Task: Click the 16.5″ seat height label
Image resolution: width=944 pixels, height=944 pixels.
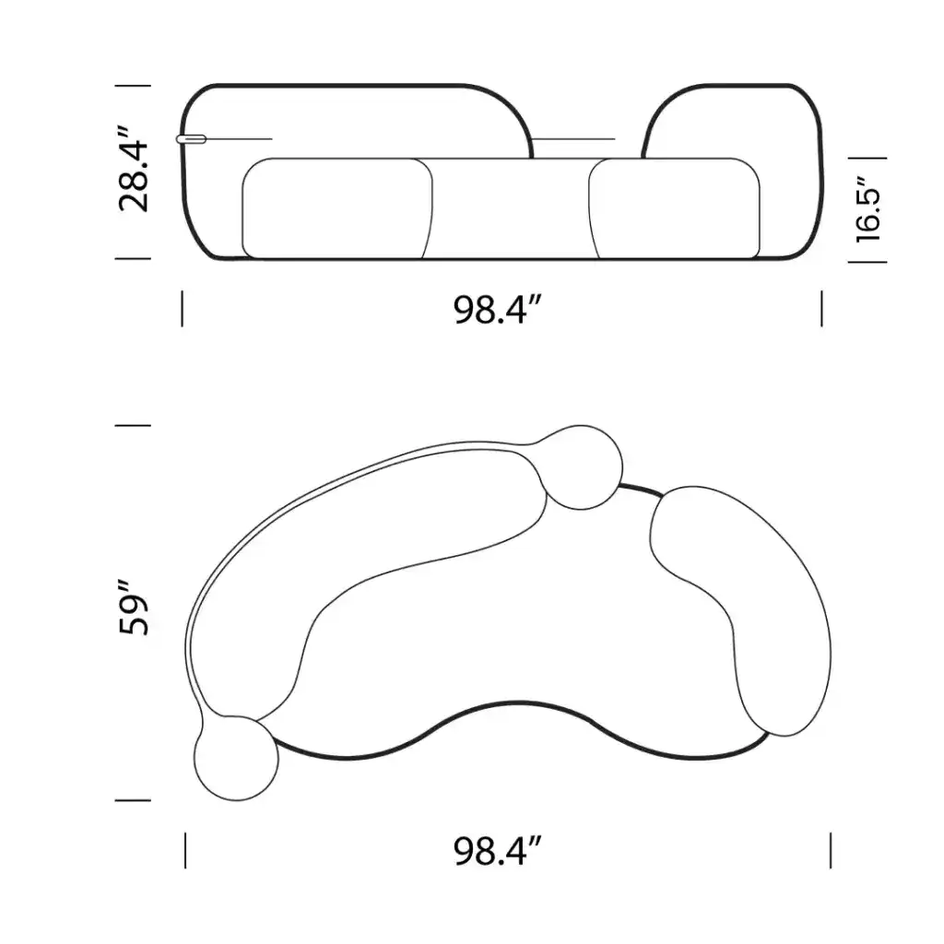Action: [x=870, y=210]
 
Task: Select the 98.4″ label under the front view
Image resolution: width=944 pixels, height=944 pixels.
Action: [x=496, y=310]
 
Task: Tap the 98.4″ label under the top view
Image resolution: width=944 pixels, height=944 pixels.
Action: [x=496, y=850]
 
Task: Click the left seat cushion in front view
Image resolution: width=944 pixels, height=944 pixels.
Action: [x=336, y=208]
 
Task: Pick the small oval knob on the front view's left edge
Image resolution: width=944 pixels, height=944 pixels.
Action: [x=192, y=139]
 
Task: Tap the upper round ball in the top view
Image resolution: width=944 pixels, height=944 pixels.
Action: [x=582, y=467]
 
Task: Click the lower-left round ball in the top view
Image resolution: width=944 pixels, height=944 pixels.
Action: [x=236, y=758]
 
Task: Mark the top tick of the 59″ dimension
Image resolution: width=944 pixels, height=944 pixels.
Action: [x=132, y=426]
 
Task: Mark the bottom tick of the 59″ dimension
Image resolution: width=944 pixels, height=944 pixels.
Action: [x=132, y=800]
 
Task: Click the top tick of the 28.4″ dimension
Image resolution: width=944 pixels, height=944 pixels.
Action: [x=132, y=86]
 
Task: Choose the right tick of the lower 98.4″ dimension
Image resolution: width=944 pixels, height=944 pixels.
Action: [x=831, y=850]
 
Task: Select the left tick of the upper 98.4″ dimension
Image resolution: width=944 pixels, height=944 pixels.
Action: [x=183, y=309]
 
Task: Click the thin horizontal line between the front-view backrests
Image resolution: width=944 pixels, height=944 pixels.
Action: [x=573, y=140]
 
